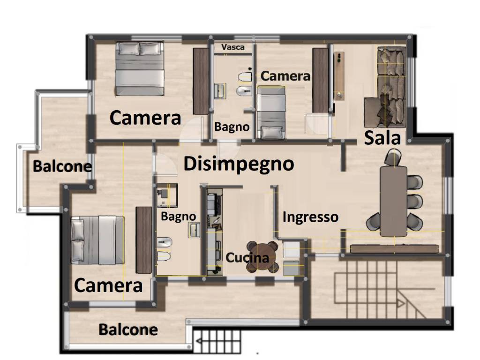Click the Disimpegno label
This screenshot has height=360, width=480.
coord(239,164)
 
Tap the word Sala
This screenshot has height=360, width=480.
coord(382,138)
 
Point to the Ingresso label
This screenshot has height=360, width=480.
coord(310,217)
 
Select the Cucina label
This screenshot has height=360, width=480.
coord(247,258)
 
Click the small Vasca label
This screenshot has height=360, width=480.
coord(233,47)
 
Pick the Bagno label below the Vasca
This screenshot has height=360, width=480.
coord(232,127)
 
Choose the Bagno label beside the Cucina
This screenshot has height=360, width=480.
coord(178,216)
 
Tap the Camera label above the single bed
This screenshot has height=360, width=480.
coord(285,76)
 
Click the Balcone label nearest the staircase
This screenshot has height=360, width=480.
coord(128,330)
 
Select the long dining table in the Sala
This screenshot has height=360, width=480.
coord(393,201)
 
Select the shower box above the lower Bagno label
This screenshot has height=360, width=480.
coord(166,195)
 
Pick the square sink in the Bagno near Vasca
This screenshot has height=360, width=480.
coord(219,90)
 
